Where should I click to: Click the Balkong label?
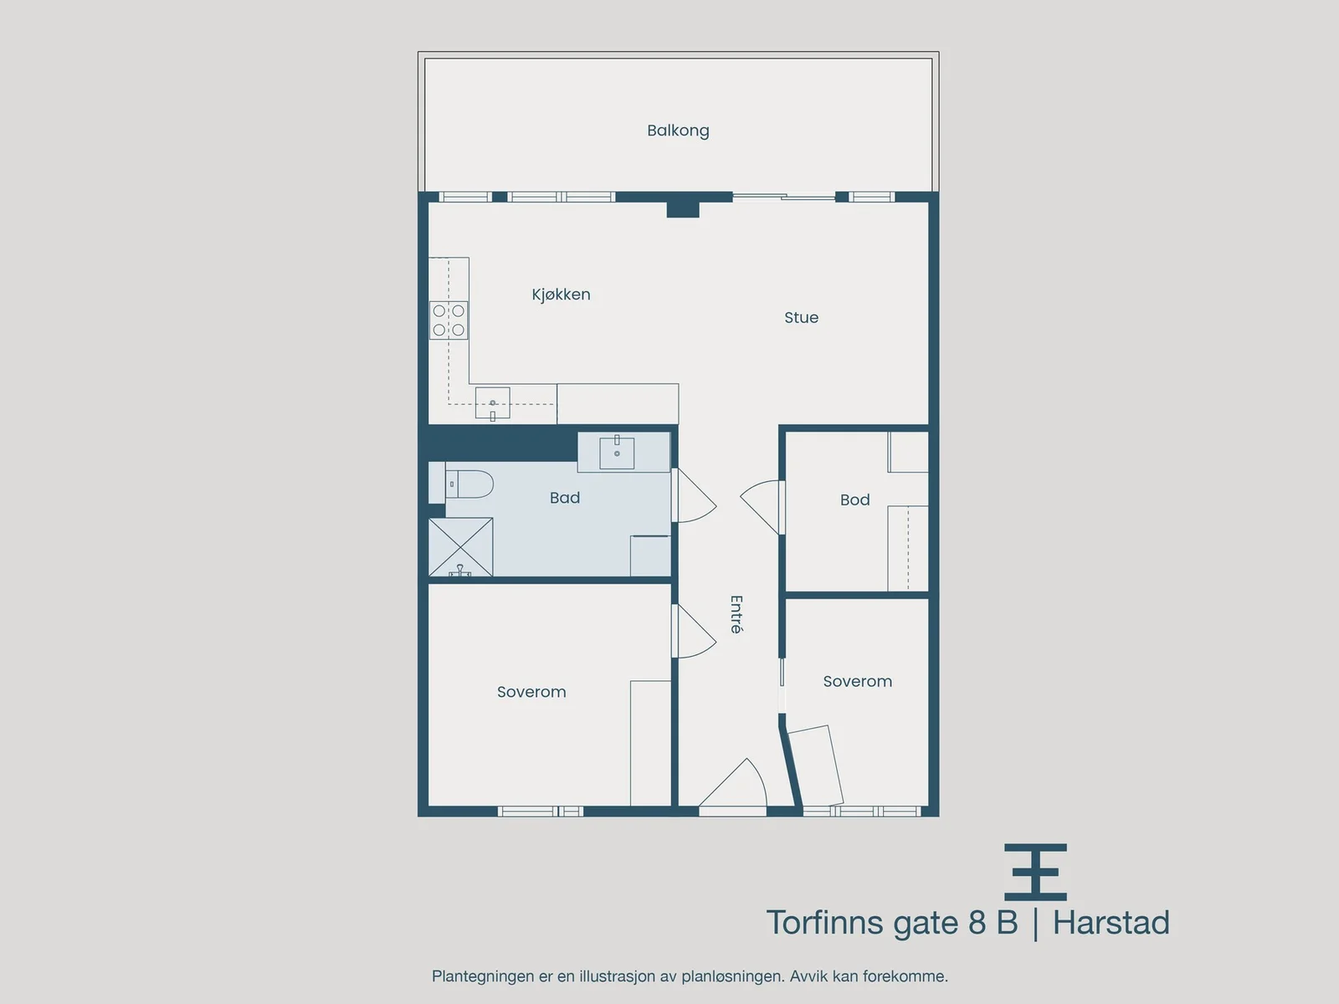point(678,131)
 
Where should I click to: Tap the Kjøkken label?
point(561,295)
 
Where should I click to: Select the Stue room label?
point(801,317)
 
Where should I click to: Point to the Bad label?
point(564,498)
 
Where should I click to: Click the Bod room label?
point(854,499)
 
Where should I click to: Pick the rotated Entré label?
point(736,614)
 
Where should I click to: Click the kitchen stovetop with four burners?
point(449,320)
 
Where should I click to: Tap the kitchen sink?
point(492,403)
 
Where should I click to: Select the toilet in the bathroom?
point(469,484)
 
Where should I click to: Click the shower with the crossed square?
point(460,547)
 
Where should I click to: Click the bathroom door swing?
point(695,495)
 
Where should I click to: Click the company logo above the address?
point(1035,872)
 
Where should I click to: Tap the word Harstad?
point(1111,922)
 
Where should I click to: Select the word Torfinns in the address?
point(825,922)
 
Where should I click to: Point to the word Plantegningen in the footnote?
point(483,976)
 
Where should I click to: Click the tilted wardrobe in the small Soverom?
point(817,767)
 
